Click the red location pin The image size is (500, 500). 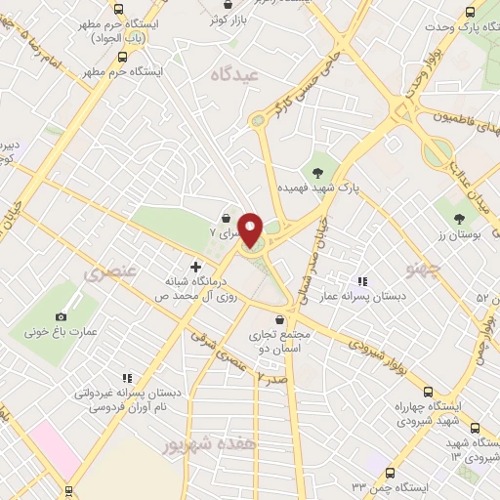click(251, 229)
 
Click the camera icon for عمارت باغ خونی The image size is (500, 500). click(62, 316)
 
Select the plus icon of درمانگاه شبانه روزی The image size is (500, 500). click(196, 266)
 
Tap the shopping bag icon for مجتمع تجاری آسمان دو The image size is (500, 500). click(280, 319)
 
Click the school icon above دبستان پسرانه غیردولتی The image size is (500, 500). click(126, 378)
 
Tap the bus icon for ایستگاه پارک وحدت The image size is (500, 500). click(472, 13)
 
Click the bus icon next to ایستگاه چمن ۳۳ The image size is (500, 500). click(390, 472)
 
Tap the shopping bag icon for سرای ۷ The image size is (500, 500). click(228, 219)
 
